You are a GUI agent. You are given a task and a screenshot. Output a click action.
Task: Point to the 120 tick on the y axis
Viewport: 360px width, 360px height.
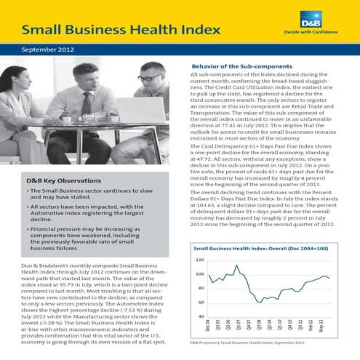pyautogui.click(x=199, y=260)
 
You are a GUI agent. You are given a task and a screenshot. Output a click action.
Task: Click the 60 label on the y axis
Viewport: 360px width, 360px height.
pyautogui.click(x=200, y=303)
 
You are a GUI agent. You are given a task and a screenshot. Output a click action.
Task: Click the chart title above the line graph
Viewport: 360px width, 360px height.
pyautogui.click(x=262, y=249)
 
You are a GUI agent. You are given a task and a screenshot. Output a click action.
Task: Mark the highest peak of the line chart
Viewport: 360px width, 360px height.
pyautogui.click(x=234, y=266)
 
